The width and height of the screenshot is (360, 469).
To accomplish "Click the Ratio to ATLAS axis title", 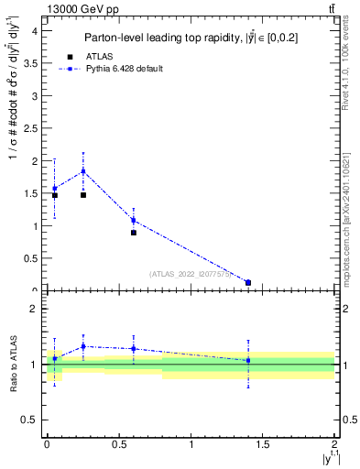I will click(13, 365).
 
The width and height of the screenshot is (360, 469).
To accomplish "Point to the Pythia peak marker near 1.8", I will click(83, 171).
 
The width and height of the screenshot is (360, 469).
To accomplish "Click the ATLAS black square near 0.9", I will click(134, 233).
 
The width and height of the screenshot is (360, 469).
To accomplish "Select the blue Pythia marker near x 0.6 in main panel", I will click(134, 220).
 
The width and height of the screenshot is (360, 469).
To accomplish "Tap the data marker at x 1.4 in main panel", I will click(248, 282).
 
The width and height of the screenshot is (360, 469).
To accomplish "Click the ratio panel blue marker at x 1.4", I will click(248, 360).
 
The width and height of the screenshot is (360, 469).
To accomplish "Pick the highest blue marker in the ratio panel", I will click(83, 346).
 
